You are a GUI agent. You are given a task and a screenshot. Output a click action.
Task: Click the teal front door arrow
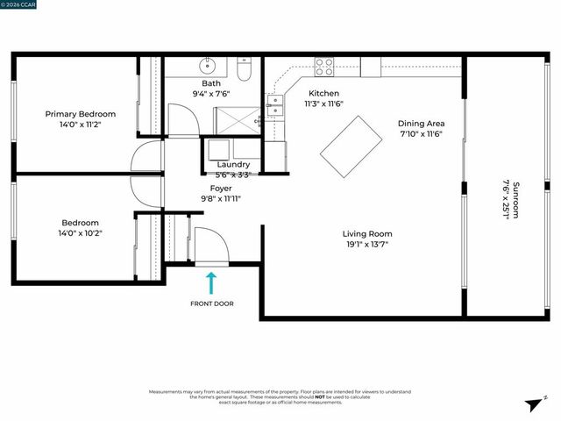click(x=210, y=282)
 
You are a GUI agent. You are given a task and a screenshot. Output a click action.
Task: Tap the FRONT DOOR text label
click(x=211, y=304)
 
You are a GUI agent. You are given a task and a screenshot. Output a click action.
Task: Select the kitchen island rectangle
click(x=351, y=146)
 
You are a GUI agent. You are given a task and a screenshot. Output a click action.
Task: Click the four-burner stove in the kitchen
click(x=323, y=65)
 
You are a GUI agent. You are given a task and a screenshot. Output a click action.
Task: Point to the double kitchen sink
click(x=276, y=106)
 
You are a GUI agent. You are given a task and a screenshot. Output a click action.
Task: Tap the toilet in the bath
click(x=245, y=68)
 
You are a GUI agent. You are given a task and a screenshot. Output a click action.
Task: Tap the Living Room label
click(x=366, y=233)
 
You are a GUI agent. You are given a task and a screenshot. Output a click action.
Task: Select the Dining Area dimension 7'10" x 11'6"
click(x=421, y=134)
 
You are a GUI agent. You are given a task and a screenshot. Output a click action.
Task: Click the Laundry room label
click(x=233, y=164)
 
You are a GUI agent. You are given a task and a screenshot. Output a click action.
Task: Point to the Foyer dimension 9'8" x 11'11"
click(x=221, y=199)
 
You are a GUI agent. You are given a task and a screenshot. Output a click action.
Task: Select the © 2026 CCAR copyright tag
click(x=18, y=4)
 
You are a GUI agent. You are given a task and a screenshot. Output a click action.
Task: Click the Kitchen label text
click(x=323, y=93)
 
